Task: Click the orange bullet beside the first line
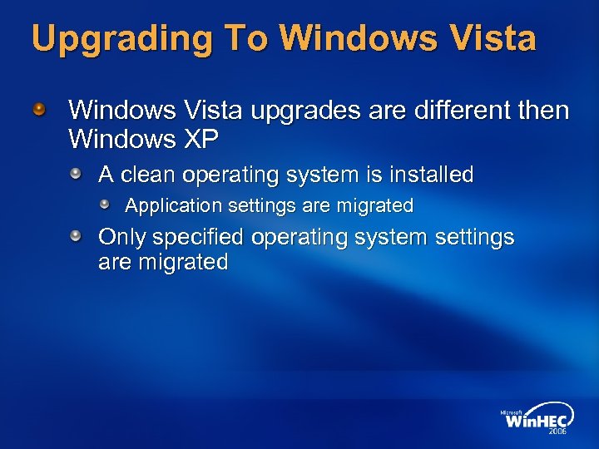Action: [x=39, y=109]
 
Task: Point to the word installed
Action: [x=431, y=175]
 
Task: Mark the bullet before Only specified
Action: [x=76, y=237]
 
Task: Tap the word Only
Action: [x=122, y=238]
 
